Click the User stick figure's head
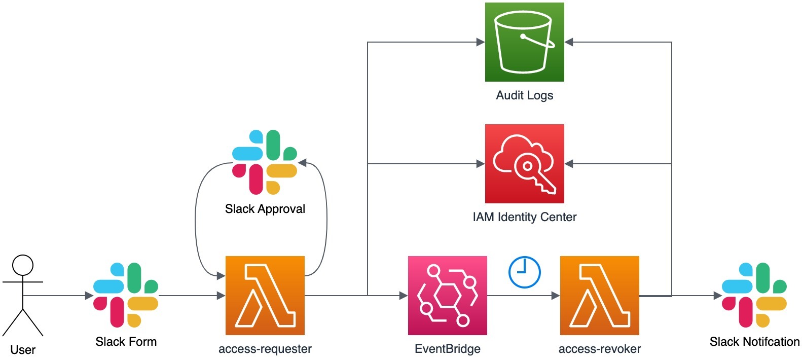23,265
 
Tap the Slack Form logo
126,295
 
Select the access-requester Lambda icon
265,296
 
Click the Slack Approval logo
265,162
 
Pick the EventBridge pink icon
448,296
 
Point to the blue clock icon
525,272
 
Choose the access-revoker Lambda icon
600,296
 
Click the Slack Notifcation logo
754,295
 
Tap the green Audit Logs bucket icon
525,42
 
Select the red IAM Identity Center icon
525,164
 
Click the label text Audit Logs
525,95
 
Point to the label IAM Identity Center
525,217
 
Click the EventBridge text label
448,349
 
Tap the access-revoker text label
600,349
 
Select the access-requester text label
265,349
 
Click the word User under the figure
23,350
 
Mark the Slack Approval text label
265,209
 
